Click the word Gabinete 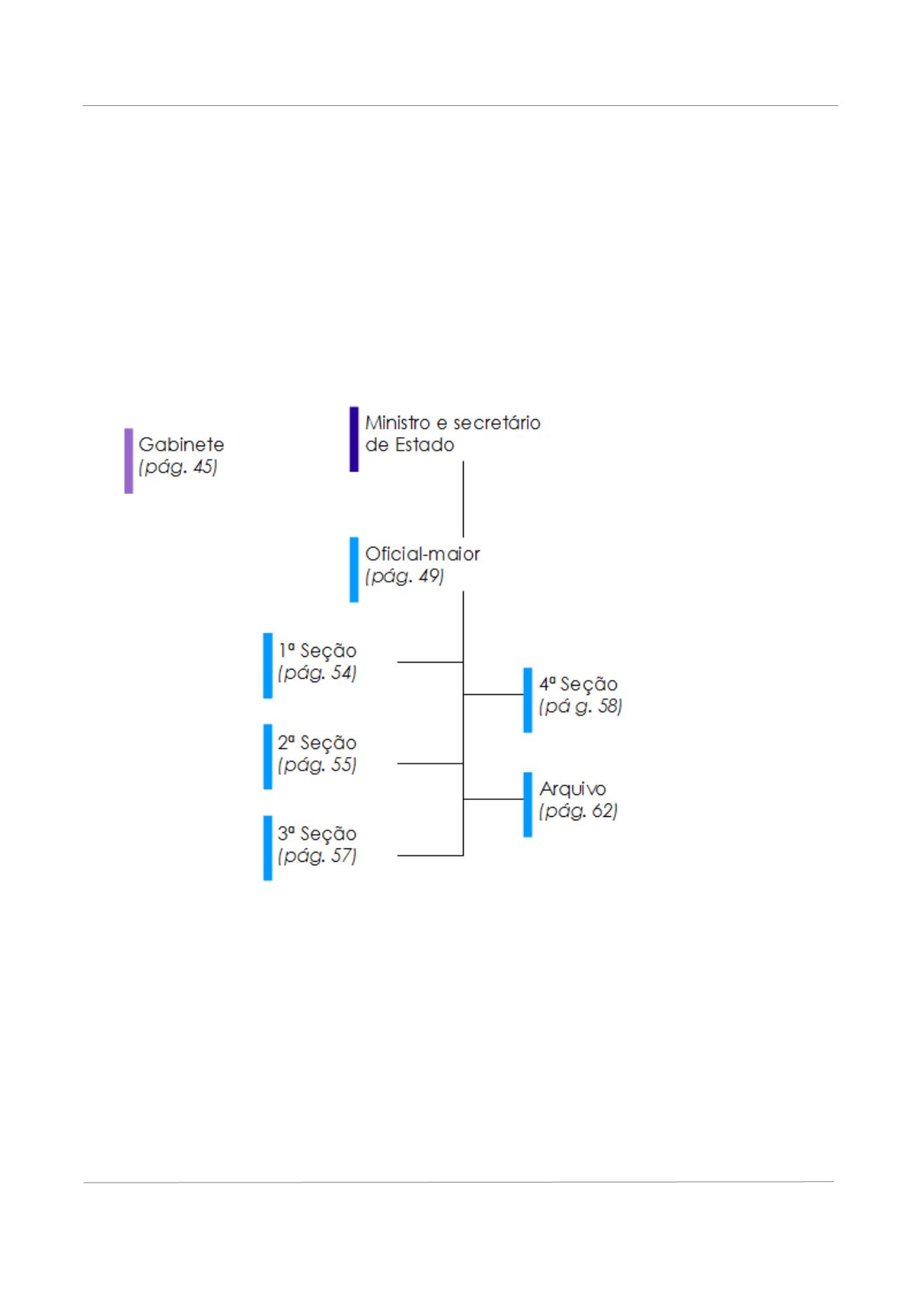coord(182,444)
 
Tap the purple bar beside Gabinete coord(129,461)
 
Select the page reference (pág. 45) coord(178,467)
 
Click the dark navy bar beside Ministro coord(354,439)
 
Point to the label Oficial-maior coord(422,554)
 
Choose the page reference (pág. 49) coord(405,577)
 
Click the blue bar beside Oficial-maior coord(354,570)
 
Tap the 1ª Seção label coord(317,651)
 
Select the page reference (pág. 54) coord(317,673)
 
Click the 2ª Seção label coord(317,742)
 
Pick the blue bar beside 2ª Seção coord(268,757)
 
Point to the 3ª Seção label coord(317,834)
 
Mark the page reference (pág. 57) coord(317,856)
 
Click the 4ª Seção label coord(579,684)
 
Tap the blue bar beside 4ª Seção coord(528,700)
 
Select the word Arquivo coord(572,790)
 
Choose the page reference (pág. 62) coord(579,812)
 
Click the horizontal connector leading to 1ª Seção coord(431,662)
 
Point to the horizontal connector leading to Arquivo coord(494,799)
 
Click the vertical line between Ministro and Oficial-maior coord(463,499)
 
